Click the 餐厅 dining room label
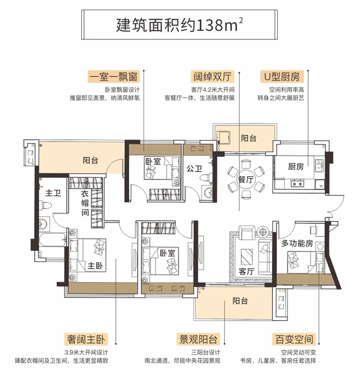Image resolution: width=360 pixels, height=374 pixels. [x=246, y=179]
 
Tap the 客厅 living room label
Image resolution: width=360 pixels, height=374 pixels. [x=246, y=271]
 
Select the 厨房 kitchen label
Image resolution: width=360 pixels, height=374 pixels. [x=296, y=166]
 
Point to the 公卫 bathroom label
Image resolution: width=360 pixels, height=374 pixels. [x=194, y=169]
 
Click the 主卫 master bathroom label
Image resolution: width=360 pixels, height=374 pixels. [x=53, y=193]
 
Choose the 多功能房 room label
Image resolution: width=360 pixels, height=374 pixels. [x=297, y=243]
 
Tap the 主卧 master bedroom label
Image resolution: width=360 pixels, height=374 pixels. [x=95, y=265]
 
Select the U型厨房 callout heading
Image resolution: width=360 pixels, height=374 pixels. [x=282, y=77]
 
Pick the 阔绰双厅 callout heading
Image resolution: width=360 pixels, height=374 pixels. [x=212, y=77]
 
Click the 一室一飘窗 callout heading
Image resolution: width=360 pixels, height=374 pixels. [x=114, y=77]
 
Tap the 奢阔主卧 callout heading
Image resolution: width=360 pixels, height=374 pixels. [x=86, y=339]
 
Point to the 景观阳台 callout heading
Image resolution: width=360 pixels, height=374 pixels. [x=198, y=339]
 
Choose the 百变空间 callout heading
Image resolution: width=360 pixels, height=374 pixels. [x=294, y=339]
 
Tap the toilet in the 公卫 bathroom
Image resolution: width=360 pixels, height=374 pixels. [x=204, y=178]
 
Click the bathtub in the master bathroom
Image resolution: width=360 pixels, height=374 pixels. [x=53, y=240]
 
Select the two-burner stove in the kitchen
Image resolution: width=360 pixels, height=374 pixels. [x=297, y=183]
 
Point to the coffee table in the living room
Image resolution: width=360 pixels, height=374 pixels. [x=247, y=257]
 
